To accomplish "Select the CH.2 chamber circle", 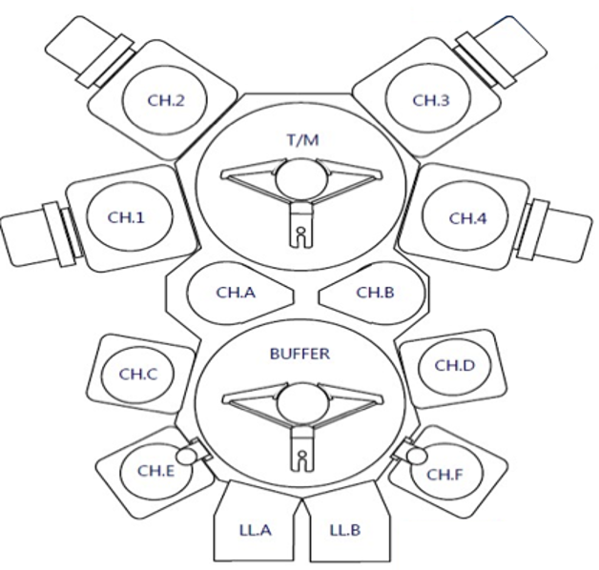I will point(163,100).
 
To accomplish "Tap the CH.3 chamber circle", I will point(429,100).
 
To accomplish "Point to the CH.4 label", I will point(467,217).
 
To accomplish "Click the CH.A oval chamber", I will point(234,293).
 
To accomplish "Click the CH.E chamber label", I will point(155,470).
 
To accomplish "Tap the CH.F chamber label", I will point(444,474).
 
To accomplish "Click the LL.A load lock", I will point(256,527).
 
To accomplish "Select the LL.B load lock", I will point(346,527).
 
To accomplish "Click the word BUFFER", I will point(299,354).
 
